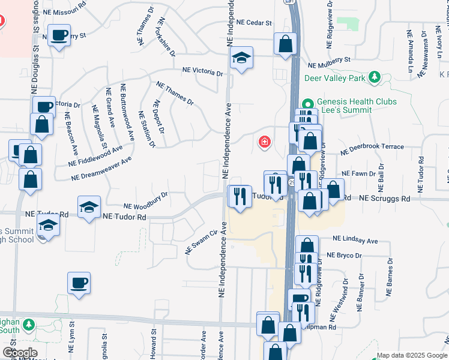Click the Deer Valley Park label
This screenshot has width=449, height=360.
point(335,78)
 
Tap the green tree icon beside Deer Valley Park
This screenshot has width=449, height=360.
point(375,77)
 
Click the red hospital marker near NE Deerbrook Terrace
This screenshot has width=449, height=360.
point(264,142)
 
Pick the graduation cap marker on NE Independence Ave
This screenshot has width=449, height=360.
point(241,58)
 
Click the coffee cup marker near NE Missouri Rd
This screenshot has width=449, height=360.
point(59,35)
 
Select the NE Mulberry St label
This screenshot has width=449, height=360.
point(329,63)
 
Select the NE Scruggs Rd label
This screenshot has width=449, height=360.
point(384,199)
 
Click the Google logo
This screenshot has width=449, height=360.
point(20,352)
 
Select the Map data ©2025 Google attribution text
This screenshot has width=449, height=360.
point(411,355)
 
